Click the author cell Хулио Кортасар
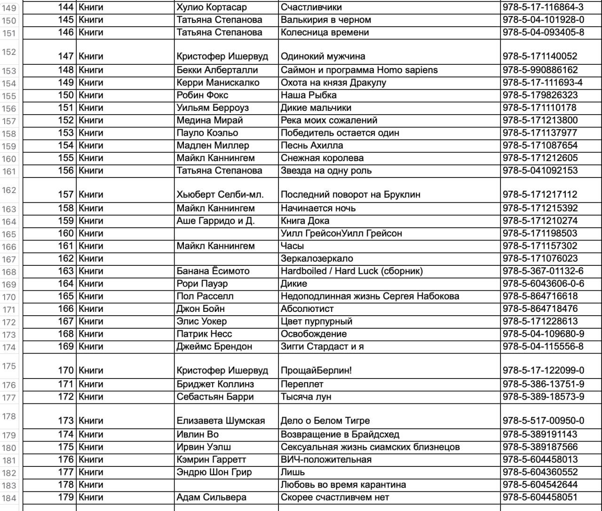coord(212,8)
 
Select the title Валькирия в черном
coord(326,20)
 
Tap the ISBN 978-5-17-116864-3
coord(543,8)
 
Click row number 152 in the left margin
coord(9,52)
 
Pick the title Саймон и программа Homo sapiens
coord(359,70)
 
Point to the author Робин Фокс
coord(202,95)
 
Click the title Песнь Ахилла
coord(312,145)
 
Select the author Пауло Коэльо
coord(207,132)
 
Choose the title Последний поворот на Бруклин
coord(350,194)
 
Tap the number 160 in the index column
coord(66,233)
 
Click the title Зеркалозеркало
coord(317,258)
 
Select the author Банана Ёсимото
coord(213,271)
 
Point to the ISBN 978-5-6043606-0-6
coord(543,284)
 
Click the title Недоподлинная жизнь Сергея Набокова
coord(370,296)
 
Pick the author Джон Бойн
coord(201,309)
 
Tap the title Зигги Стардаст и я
coord(322,346)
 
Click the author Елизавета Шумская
coord(221,421)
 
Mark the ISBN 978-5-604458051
coord(540,497)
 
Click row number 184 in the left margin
coord(9,498)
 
